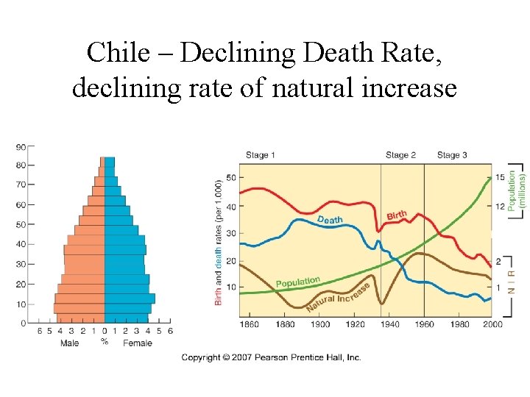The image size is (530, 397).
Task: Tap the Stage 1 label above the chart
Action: pyautogui.click(x=261, y=155)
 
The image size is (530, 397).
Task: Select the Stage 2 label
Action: pyautogui.click(x=400, y=155)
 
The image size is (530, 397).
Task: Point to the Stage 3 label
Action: pyautogui.click(x=452, y=155)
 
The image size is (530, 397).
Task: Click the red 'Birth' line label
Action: pyautogui.click(x=397, y=214)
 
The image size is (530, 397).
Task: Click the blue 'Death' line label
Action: pyautogui.click(x=330, y=220)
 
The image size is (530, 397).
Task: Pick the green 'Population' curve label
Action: pyautogui.click(x=297, y=282)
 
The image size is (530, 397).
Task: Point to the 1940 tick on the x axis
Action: pyautogui.click(x=390, y=324)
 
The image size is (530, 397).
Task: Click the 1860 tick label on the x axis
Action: pyautogui.click(x=250, y=324)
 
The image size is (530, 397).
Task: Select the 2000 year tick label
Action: pyautogui.click(x=492, y=324)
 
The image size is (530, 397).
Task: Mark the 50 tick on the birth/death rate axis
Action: pyautogui.click(x=230, y=178)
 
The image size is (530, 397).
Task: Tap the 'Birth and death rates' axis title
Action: pyautogui.click(x=218, y=242)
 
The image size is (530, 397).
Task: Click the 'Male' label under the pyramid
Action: pyautogui.click(x=69, y=343)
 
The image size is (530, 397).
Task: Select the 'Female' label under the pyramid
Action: pyautogui.click(x=138, y=343)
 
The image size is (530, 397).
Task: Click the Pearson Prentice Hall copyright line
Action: pyautogui.click(x=272, y=357)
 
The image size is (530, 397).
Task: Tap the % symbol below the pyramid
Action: pyautogui.click(x=105, y=341)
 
